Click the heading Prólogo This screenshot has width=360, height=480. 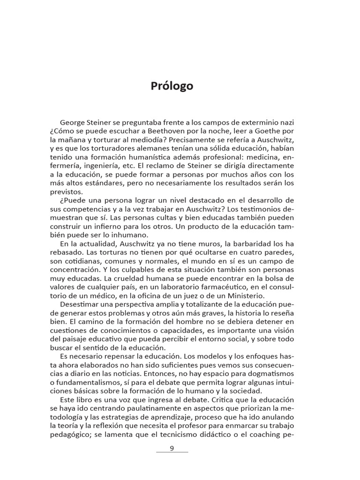pos(172,86)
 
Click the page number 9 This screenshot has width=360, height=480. pos(172,448)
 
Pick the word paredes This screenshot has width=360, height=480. pos(277,252)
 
